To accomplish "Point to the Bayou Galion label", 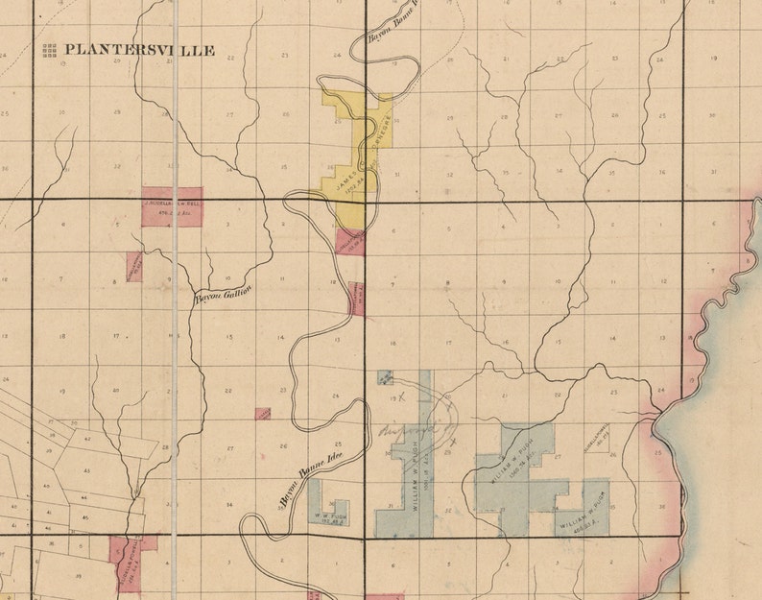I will coord(224,294).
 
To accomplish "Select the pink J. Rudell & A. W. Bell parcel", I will coord(173,206).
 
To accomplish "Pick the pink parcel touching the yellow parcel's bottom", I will coord(349,241).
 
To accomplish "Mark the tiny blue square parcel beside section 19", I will coord(386,377).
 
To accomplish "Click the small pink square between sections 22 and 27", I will coord(262,414).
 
